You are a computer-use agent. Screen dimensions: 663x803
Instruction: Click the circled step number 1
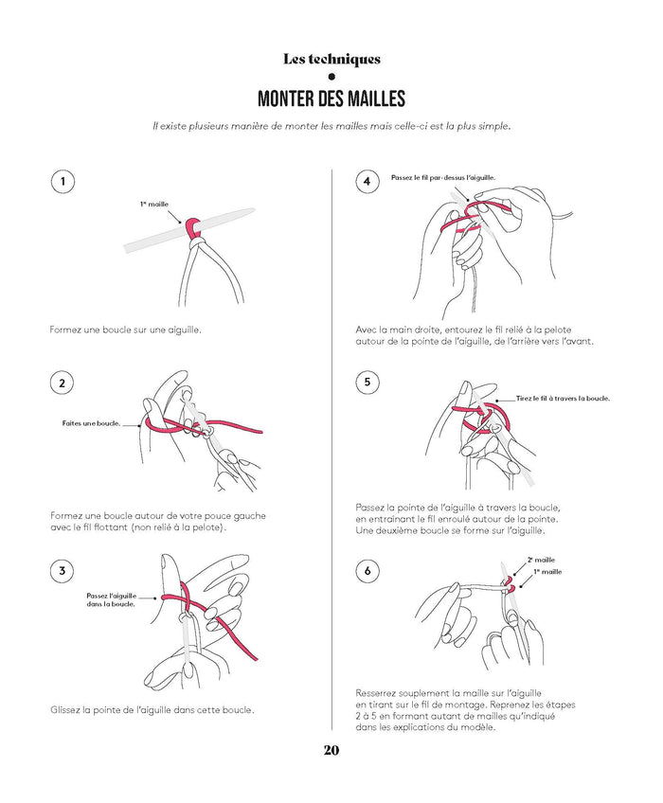tap(63, 181)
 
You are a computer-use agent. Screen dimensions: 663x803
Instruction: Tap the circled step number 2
tap(63, 384)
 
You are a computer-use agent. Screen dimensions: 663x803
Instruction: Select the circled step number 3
tap(63, 570)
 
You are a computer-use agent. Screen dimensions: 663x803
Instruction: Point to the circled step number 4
tap(367, 181)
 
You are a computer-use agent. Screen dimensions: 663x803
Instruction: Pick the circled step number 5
tap(367, 383)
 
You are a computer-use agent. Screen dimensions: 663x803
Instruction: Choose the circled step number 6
tap(367, 570)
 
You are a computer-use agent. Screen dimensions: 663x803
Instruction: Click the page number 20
tap(331, 750)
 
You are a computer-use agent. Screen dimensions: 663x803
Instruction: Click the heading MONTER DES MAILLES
tap(331, 98)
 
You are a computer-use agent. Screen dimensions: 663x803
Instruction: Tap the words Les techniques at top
tap(331, 59)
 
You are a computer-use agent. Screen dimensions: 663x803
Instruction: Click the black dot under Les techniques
tap(331, 77)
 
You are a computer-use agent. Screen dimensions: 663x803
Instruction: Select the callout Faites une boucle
tap(91, 423)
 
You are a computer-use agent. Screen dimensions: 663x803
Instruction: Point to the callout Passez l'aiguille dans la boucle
tap(111, 599)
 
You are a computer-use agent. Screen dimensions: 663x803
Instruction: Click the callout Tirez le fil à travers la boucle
tap(563, 398)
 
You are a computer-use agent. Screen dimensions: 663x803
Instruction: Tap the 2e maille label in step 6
tap(541, 560)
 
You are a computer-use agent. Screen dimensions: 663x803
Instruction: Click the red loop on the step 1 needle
tap(192, 225)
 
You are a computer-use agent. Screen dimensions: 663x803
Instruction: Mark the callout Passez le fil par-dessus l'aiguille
tap(443, 178)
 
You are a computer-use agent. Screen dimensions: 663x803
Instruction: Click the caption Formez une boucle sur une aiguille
tap(126, 330)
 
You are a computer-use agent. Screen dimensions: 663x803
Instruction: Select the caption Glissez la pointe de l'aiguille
tap(152, 710)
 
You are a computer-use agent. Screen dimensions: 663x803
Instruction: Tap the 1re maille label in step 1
tap(154, 204)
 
